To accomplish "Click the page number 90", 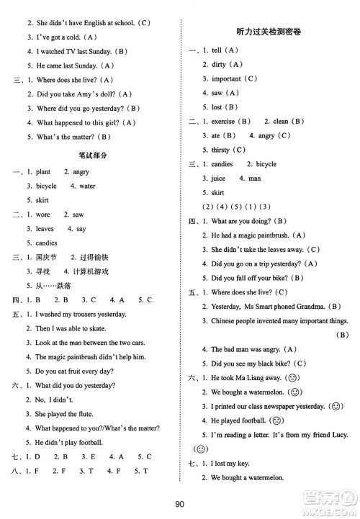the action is (180, 503).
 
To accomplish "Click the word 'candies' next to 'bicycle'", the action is (222, 164).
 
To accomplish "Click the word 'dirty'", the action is (219, 65).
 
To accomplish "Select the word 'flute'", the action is (84, 414).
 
